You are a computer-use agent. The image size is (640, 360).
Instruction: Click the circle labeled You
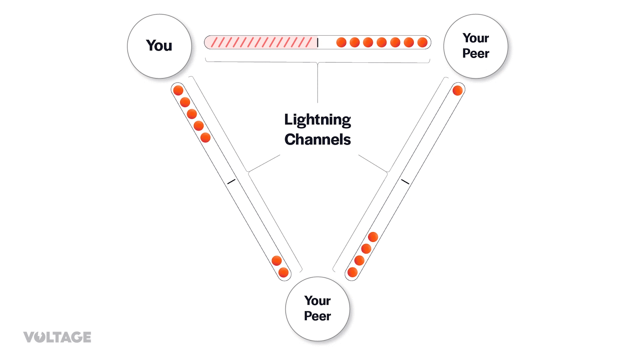pyautogui.click(x=159, y=46)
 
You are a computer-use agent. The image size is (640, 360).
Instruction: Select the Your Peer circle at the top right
pyautogui.click(x=476, y=46)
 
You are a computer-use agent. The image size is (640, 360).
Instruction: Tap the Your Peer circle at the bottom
pyautogui.click(x=317, y=308)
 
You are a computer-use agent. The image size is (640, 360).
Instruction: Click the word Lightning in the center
pyautogui.click(x=317, y=120)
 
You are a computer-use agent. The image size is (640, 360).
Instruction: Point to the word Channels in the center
pyautogui.click(x=317, y=140)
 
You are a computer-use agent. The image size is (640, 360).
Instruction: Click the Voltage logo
pyautogui.click(x=57, y=337)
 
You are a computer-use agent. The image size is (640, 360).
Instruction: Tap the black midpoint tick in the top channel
pyautogui.click(x=318, y=42)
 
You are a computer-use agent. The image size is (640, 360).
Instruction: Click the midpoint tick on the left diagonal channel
pyautogui.click(x=231, y=182)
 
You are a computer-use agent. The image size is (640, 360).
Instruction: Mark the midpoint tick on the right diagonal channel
pyautogui.click(x=405, y=182)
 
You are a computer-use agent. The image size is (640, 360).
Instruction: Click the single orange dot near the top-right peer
pyautogui.click(x=458, y=90)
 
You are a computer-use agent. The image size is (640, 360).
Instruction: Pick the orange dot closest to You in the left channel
pyautogui.click(x=178, y=90)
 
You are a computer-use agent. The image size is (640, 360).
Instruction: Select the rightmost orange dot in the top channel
pyautogui.click(x=422, y=42)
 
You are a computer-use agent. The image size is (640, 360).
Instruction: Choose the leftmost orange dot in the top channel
pyautogui.click(x=341, y=42)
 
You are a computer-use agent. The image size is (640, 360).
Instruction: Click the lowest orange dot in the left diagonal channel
pyautogui.click(x=284, y=272)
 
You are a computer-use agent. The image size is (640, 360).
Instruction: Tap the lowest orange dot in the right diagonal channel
pyautogui.click(x=352, y=272)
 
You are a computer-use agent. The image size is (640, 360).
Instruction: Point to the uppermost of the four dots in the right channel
pyautogui.click(x=373, y=237)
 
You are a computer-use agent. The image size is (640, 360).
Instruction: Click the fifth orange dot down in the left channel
pyautogui.click(x=206, y=138)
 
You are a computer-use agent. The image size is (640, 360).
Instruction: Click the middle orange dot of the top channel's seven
pyautogui.click(x=382, y=42)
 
